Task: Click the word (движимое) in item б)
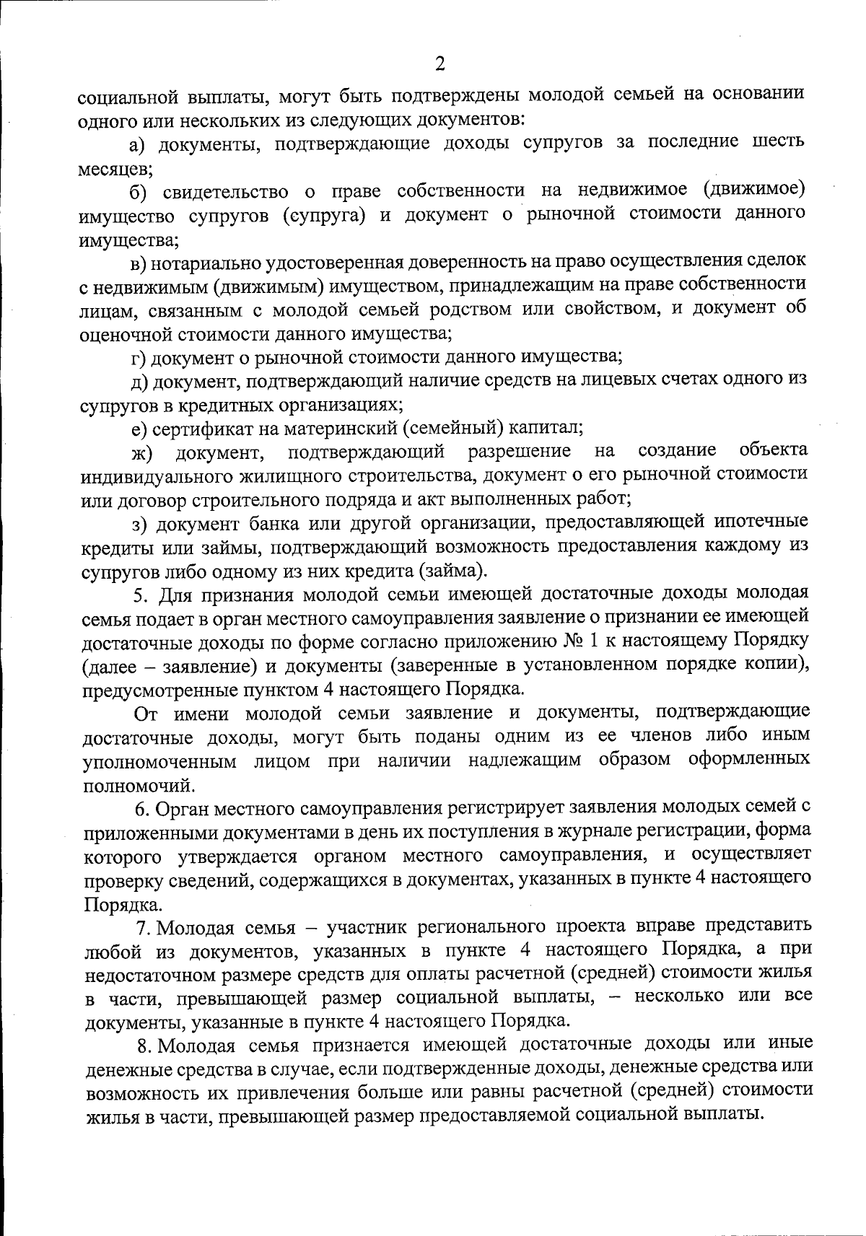tap(753, 189)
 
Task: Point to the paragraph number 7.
tap(143, 926)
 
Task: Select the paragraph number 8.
tap(143, 1044)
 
